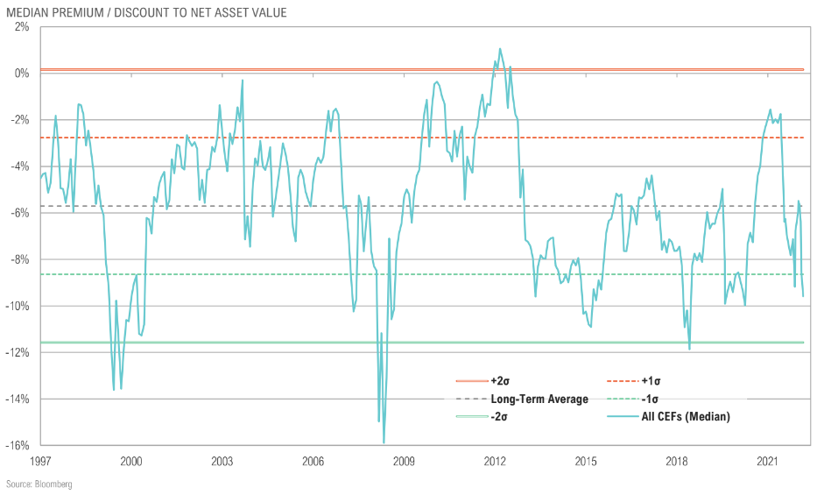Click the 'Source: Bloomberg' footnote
pos(39,484)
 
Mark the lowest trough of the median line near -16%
pos(384,443)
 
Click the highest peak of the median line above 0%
pos(500,49)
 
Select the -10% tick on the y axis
pos(18,306)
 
